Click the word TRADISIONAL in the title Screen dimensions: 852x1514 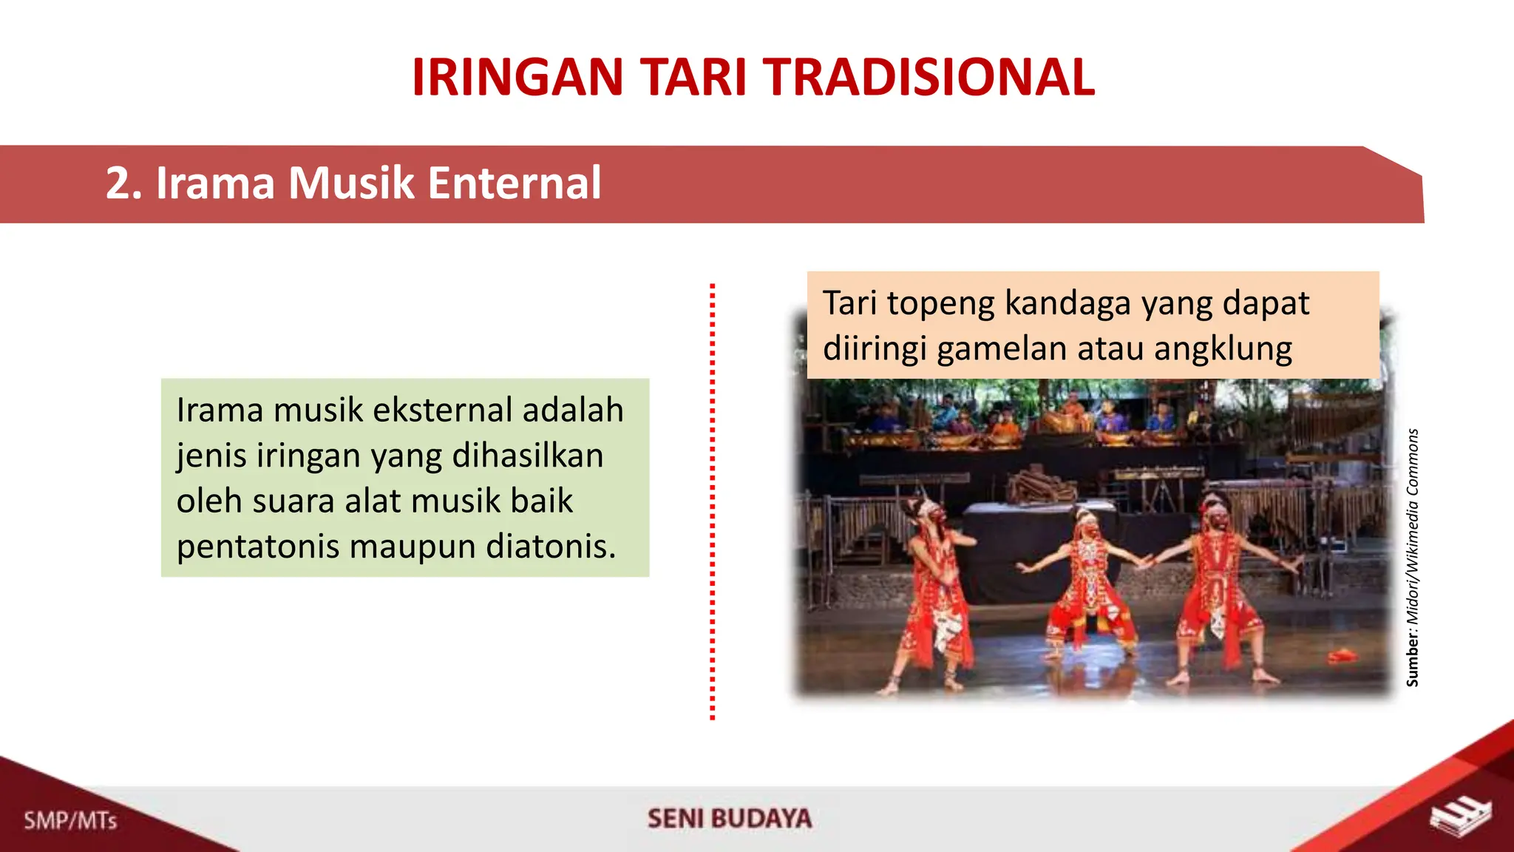tap(929, 78)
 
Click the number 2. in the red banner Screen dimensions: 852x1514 tap(123, 183)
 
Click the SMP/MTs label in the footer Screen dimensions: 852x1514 tap(70, 820)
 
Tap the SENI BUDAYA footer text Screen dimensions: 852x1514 tap(729, 819)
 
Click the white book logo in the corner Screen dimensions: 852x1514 tap(1461, 818)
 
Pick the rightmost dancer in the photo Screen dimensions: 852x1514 tap(1218, 584)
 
